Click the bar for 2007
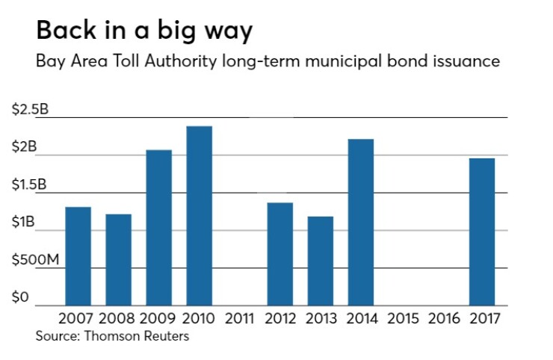pyautogui.click(x=78, y=255)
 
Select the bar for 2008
pyautogui.click(x=118, y=259)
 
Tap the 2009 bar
pyautogui.click(x=158, y=227)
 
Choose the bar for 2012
pyautogui.click(x=280, y=254)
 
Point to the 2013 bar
pyautogui.click(x=321, y=261)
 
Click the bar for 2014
pyautogui.click(x=361, y=222)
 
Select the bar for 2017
pyautogui.click(x=482, y=232)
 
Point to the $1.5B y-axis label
pyautogui.click(x=30, y=184)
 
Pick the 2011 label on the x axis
pyautogui.click(x=240, y=319)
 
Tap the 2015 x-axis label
pyautogui.click(x=401, y=319)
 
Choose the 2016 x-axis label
pyautogui.click(x=442, y=319)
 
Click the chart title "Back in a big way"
pyautogui.click(x=143, y=31)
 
